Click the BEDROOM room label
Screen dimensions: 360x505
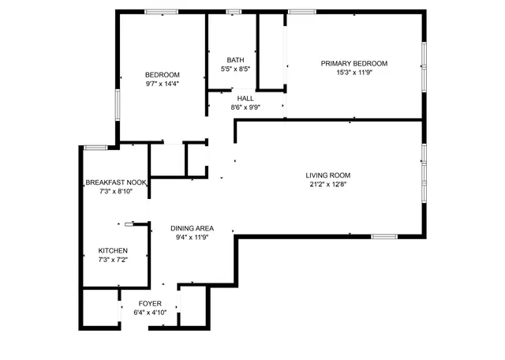point(162,74)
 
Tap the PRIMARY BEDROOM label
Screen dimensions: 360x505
point(353,63)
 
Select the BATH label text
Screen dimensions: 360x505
point(235,60)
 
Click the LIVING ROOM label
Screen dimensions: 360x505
point(328,175)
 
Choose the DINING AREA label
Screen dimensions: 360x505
point(193,228)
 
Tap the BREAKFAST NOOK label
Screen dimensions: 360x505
point(116,182)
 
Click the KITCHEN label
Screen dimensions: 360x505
point(113,250)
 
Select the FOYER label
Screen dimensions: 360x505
point(150,303)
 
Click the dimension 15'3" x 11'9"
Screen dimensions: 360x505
point(353,72)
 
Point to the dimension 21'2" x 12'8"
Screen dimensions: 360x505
point(328,184)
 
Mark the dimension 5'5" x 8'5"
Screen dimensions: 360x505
point(235,69)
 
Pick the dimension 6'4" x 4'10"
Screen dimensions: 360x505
point(150,312)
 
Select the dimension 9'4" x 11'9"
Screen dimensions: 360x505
point(193,237)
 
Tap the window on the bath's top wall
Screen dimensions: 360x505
point(233,11)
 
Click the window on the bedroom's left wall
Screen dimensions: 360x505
point(118,105)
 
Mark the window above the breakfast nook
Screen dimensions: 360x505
point(96,146)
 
